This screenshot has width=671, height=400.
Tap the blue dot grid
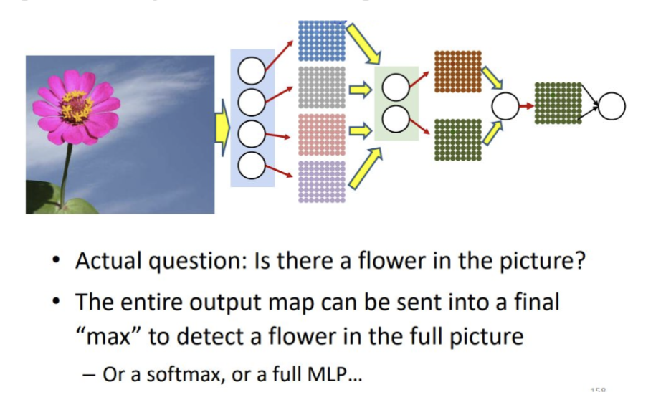click(x=321, y=39)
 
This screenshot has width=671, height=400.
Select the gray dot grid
click(x=321, y=88)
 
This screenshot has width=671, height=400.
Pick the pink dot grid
click(x=321, y=135)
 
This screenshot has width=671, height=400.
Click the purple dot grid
click(x=321, y=181)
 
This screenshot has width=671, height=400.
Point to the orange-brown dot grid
click(x=458, y=72)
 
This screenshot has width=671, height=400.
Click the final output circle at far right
click(x=611, y=106)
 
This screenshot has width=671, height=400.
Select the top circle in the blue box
click(x=252, y=71)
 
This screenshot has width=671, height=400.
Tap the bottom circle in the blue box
click(x=252, y=167)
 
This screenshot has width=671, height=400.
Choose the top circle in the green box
click(x=396, y=87)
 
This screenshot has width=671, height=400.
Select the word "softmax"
click(x=164, y=374)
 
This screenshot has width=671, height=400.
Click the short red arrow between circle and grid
click(x=524, y=106)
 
